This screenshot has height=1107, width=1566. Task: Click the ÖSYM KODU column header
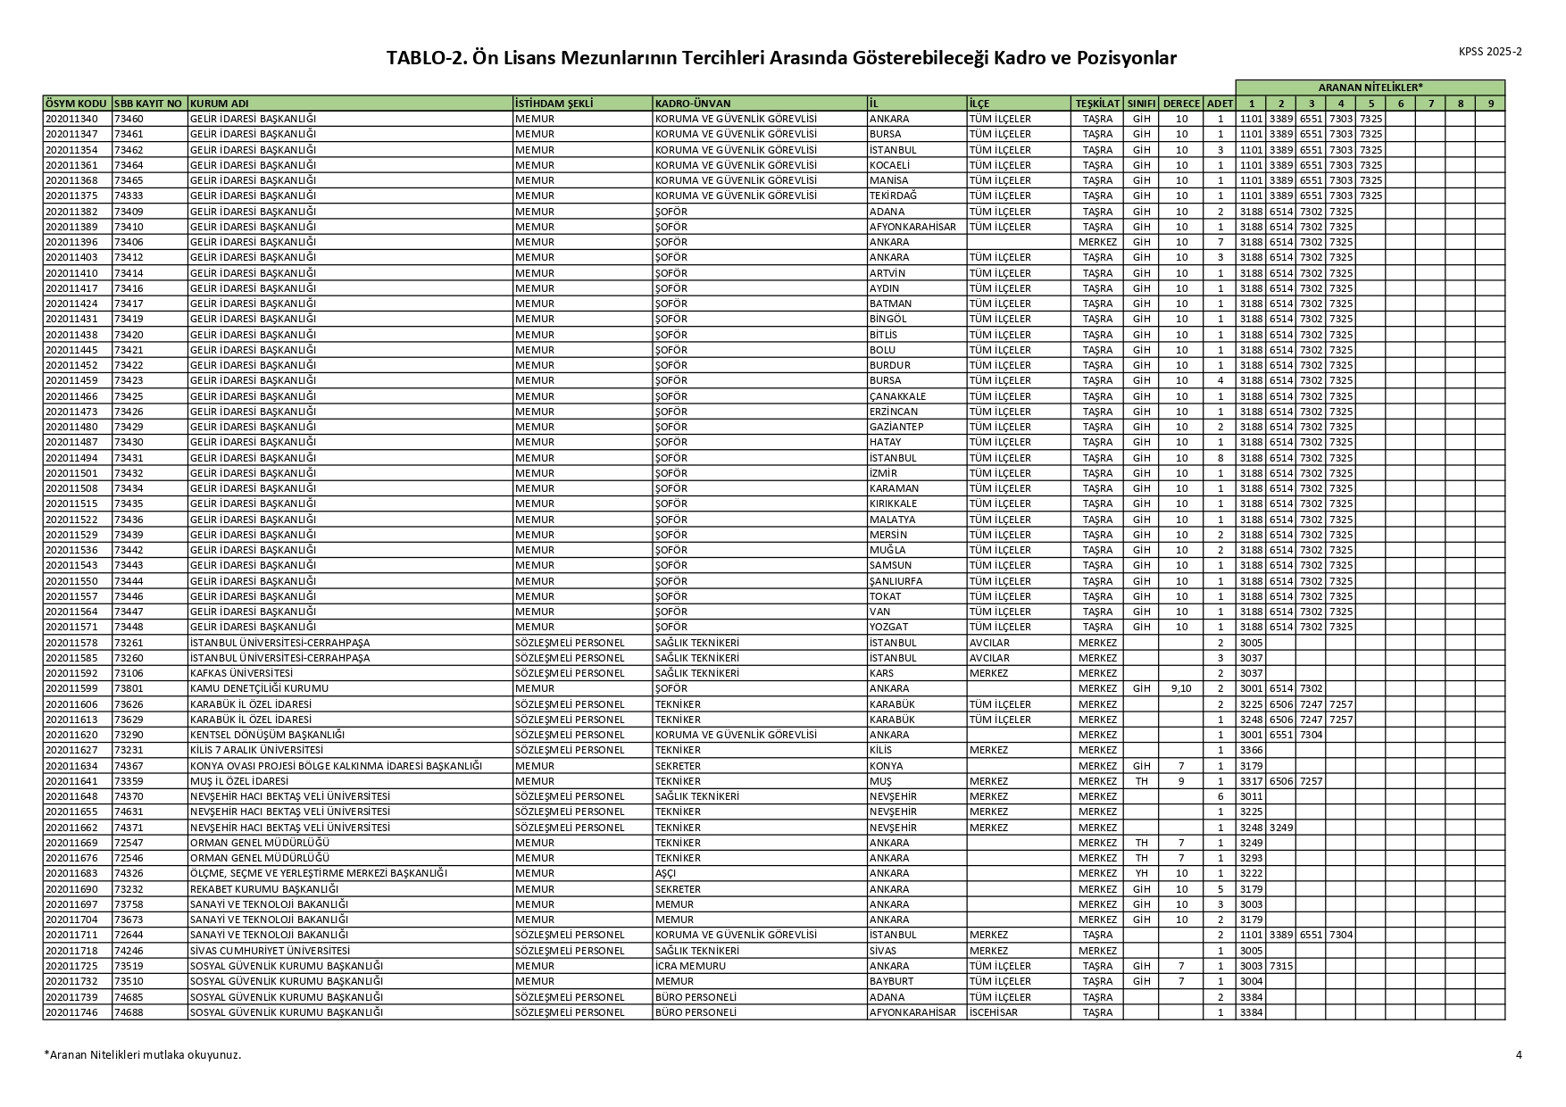[x=77, y=104]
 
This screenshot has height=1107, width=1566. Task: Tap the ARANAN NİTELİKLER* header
[x=1370, y=87]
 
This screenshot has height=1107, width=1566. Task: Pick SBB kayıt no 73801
[x=129, y=688]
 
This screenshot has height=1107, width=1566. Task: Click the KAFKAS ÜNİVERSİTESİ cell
[x=242, y=673]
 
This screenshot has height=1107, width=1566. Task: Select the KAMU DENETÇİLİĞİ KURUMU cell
[x=259, y=688]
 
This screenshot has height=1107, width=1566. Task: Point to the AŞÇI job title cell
[x=666, y=873]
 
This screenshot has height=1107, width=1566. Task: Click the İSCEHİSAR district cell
[x=993, y=1012]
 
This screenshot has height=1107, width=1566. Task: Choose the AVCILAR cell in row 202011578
[x=989, y=643]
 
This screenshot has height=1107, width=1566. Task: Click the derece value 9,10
[x=1180, y=688]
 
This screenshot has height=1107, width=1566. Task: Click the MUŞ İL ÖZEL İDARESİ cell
[x=238, y=781]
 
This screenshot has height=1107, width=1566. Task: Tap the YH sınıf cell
[x=1140, y=873]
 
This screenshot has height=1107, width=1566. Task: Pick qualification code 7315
[x=1280, y=966]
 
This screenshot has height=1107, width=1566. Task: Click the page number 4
[x=1519, y=1054]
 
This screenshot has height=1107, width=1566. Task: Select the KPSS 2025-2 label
[x=1490, y=52]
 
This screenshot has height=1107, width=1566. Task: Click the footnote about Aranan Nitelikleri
[x=143, y=1054]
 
